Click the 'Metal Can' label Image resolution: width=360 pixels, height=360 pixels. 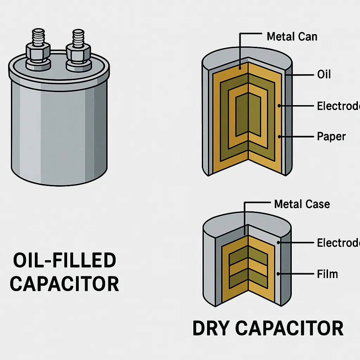click(x=292, y=37)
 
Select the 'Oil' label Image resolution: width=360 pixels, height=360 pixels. click(x=324, y=75)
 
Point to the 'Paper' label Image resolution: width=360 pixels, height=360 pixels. click(x=331, y=136)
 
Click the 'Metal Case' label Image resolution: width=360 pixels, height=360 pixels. click(x=302, y=204)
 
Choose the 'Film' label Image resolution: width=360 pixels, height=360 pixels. click(x=327, y=274)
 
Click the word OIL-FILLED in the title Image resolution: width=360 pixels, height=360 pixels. click(x=64, y=261)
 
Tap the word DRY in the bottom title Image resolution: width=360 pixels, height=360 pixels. click(x=211, y=328)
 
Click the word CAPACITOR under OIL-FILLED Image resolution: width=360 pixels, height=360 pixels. click(x=64, y=284)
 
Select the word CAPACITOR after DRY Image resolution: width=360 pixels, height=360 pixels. click(x=289, y=328)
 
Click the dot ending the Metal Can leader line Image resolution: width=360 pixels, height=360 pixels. click(x=239, y=67)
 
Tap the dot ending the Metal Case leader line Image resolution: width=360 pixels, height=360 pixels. click(x=244, y=234)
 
